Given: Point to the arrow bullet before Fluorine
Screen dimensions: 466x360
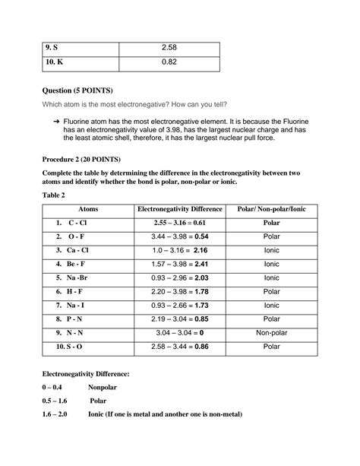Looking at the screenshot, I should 69,122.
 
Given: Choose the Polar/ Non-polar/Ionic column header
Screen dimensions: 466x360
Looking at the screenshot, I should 271,209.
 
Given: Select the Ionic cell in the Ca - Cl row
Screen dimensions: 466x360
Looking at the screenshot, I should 271,250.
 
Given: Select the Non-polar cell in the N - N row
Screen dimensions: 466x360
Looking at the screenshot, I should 271,333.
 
